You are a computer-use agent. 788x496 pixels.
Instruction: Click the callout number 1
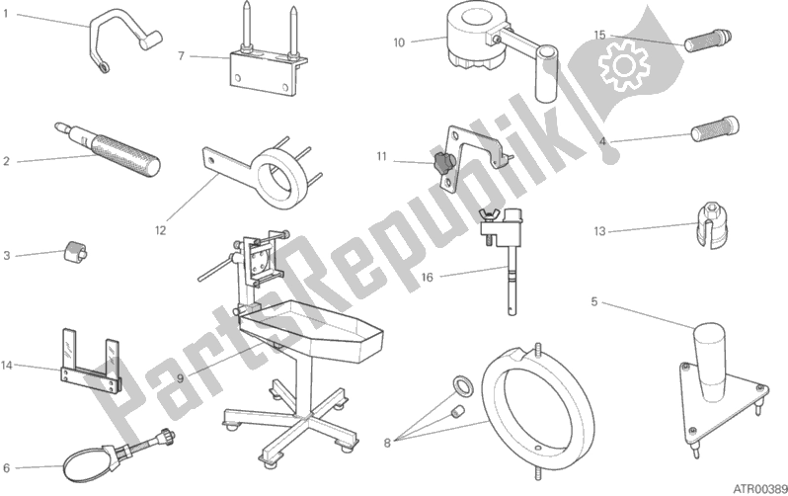click(x=6, y=14)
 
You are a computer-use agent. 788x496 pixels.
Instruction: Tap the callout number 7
click(x=182, y=56)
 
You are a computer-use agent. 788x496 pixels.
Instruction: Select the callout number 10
click(x=399, y=42)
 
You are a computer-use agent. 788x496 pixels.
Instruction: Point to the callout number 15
click(x=599, y=36)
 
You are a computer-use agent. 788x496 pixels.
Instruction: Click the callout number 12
click(x=160, y=230)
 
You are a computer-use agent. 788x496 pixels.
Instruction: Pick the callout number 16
click(x=427, y=278)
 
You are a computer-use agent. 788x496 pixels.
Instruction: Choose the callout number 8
click(x=387, y=444)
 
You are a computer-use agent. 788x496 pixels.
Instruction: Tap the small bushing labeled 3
click(x=74, y=251)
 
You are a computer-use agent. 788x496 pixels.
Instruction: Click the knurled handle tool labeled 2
click(x=108, y=148)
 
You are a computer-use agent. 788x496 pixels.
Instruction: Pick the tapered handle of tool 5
click(x=709, y=363)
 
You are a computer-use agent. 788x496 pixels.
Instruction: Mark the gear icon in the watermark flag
click(x=624, y=66)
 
